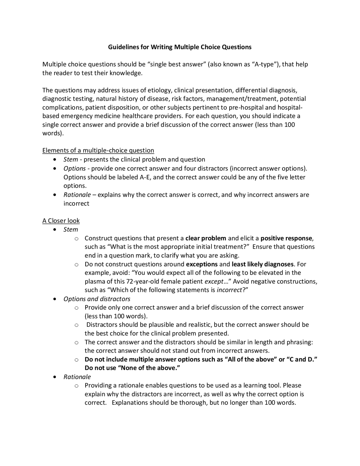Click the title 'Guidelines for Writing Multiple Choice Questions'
click(x=180, y=47)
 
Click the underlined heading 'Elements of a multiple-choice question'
click(x=98, y=150)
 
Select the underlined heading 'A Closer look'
click(x=61, y=221)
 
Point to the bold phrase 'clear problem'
click(x=206, y=238)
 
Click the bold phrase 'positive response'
click(x=286, y=238)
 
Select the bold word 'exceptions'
click(x=202, y=264)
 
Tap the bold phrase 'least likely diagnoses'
click(x=262, y=264)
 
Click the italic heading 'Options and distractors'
click(x=97, y=299)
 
